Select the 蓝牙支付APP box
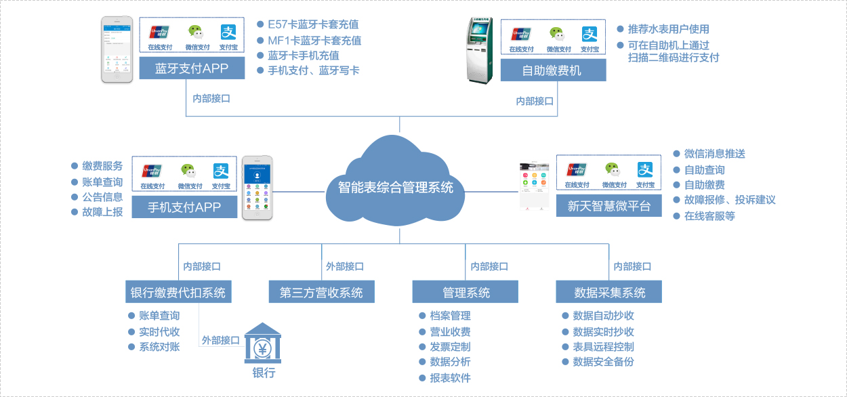tap(192, 68)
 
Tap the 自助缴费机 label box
tap(553, 70)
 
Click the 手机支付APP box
tap(184, 207)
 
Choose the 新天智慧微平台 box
tap(608, 207)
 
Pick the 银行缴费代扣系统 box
tap(178, 292)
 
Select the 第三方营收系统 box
tap(321, 292)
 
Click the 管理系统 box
tap(466, 292)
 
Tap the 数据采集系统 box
tap(609, 292)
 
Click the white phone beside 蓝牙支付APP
tap(117, 49)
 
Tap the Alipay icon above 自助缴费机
tap(590, 34)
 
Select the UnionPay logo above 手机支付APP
tap(152, 171)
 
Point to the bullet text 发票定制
tap(450, 347)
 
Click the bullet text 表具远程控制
tap(603, 347)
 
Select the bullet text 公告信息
tap(102, 197)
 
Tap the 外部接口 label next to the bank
tap(221, 340)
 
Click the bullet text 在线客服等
tap(709, 216)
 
